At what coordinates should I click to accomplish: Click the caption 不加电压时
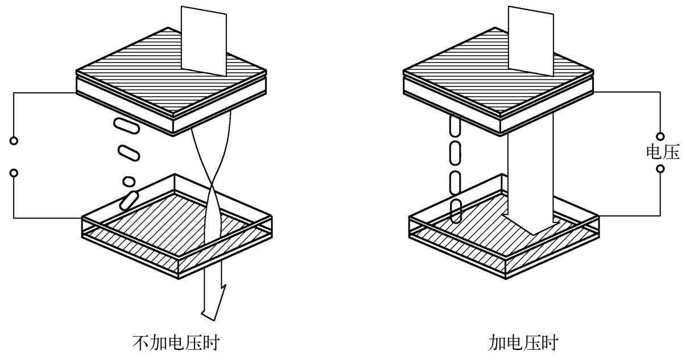click(x=176, y=342)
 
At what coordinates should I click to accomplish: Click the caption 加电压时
click(x=523, y=342)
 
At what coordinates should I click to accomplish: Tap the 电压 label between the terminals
click(x=663, y=152)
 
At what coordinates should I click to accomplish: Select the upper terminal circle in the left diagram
click(x=14, y=140)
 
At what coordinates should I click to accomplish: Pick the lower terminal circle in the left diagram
click(x=14, y=173)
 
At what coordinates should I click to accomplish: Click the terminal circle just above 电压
click(x=661, y=136)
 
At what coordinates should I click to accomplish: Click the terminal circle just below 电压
click(x=661, y=168)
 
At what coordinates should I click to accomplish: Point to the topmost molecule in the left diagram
click(x=127, y=126)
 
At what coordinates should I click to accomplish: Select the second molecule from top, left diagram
click(x=129, y=153)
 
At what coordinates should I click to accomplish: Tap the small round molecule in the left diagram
click(x=129, y=181)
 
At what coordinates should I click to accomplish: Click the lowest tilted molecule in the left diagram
click(x=129, y=201)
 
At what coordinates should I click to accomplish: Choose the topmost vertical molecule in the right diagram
click(x=455, y=125)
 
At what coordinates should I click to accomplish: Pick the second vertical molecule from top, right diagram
click(x=455, y=152)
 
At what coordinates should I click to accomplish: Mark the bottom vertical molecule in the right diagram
click(x=456, y=211)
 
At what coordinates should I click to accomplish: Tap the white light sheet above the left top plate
click(x=204, y=40)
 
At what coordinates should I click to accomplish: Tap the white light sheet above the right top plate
click(x=531, y=40)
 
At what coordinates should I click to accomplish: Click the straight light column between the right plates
click(x=531, y=171)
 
